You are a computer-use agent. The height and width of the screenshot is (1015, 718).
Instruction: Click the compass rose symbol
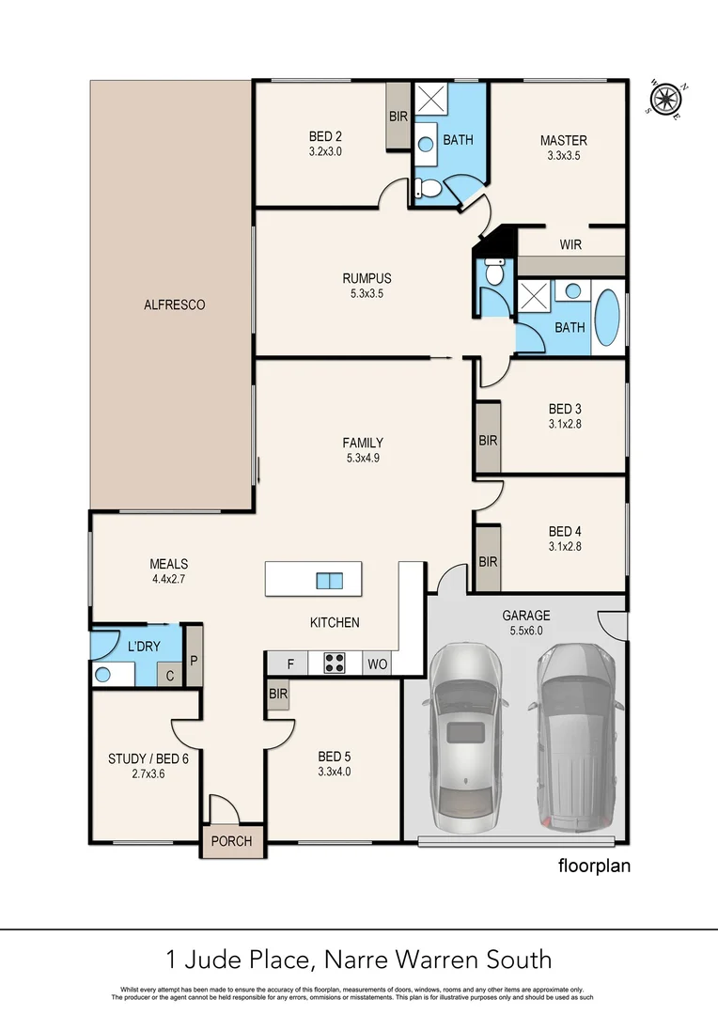[666, 98]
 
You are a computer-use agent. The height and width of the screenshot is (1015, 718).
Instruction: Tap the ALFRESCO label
[174, 304]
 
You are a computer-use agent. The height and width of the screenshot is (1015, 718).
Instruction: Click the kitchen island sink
[329, 580]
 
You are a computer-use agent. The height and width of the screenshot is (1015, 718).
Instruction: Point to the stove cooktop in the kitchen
[334, 664]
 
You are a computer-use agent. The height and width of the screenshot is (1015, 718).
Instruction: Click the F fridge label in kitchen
[290, 664]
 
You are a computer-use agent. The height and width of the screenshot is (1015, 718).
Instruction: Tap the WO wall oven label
[377, 664]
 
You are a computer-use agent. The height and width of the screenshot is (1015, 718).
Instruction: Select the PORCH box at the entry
[231, 841]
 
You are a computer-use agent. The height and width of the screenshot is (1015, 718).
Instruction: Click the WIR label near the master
[570, 244]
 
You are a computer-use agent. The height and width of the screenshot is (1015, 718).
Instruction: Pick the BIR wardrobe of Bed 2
[398, 117]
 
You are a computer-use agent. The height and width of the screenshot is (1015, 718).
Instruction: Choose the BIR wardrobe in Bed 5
[277, 695]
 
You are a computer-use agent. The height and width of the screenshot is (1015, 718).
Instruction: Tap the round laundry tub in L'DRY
[103, 674]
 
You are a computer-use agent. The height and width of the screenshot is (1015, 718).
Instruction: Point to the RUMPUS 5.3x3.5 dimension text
[367, 293]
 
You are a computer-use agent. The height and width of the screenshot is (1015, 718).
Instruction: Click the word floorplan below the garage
[593, 866]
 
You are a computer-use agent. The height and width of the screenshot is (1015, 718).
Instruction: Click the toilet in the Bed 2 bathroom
[429, 189]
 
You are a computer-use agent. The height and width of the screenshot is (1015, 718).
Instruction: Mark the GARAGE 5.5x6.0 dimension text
[525, 631]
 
